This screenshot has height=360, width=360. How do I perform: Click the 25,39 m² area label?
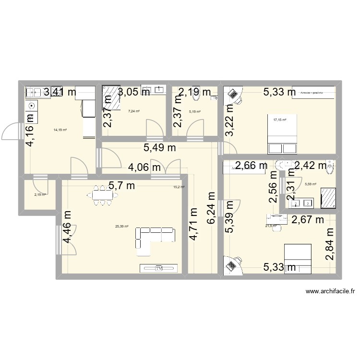[x=121, y=227]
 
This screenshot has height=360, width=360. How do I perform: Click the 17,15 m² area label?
[x=279, y=120]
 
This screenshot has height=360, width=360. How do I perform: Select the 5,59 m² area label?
[x=311, y=183]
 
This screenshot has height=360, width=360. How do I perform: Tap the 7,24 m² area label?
[x=133, y=111]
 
